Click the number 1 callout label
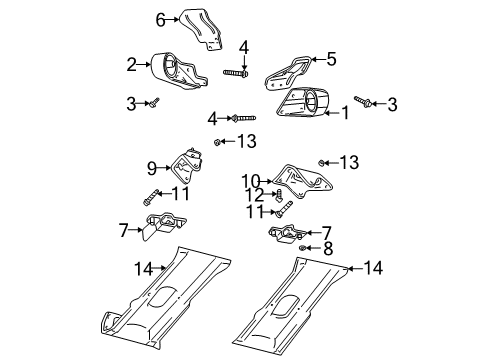point(345,113)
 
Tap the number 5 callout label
point(331,58)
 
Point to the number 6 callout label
point(159,19)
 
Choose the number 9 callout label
point(153,168)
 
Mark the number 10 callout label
point(249,180)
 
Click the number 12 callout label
point(257,195)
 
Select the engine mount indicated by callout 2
point(176,73)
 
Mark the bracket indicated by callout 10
point(304,183)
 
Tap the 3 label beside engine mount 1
point(392,103)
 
